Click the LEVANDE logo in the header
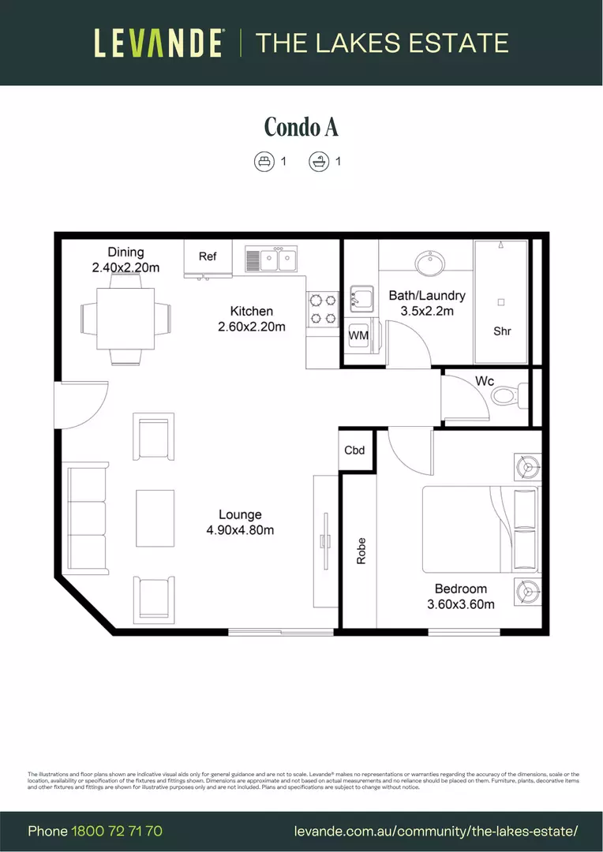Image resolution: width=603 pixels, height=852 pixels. (x=159, y=43)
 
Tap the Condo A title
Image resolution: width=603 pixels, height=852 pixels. (x=301, y=126)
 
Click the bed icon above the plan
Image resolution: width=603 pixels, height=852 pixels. (x=263, y=162)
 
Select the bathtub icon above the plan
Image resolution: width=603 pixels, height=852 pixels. (x=318, y=162)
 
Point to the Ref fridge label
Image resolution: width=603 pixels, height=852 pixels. (x=208, y=256)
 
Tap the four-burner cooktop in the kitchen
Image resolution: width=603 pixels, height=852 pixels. (x=322, y=308)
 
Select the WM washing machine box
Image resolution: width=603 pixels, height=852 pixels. (x=358, y=335)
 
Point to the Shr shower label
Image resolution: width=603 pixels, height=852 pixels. (x=502, y=331)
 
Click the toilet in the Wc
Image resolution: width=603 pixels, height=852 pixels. (x=512, y=394)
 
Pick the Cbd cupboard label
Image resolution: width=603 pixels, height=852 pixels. (x=355, y=450)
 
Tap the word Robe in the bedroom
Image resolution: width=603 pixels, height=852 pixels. (x=361, y=551)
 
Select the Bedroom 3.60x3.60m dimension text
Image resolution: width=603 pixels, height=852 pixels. (x=460, y=596)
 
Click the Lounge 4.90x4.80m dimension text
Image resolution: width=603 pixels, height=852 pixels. (x=240, y=522)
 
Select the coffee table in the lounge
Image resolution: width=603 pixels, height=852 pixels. (x=155, y=518)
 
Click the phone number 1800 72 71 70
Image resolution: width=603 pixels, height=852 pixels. (x=117, y=831)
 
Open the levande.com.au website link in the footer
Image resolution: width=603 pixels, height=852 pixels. (x=436, y=831)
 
